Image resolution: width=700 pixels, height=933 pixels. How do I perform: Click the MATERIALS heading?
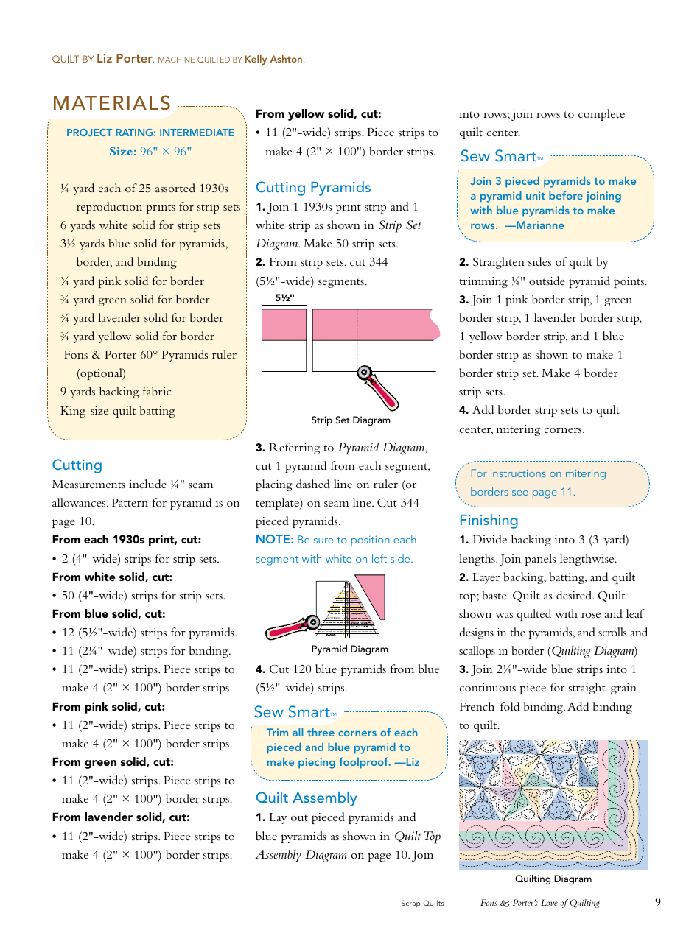click(x=112, y=104)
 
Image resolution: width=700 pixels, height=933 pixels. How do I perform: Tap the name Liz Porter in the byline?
click(x=125, y=59)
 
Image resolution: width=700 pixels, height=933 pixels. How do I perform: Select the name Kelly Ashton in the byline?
click(x=273, y=60)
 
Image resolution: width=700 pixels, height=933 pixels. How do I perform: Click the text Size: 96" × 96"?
click(x=150, y=152)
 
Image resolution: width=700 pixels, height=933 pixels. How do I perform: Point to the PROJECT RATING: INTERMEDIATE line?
click(x=150, y=133)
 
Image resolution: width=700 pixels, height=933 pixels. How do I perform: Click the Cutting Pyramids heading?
click(x=313, y=188)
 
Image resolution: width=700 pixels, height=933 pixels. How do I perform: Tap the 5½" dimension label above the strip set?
click(x=284, y=298)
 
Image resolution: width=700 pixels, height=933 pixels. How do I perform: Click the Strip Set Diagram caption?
click(x=350, y=420)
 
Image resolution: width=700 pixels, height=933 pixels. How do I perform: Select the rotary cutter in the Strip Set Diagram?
click(x=377, y=387)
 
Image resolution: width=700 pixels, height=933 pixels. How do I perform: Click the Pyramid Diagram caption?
click(x=349, y=649)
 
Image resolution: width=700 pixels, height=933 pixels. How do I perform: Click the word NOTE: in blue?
click(x=274, y=540)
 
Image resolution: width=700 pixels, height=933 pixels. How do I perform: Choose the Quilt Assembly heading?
click(x=306, y=798)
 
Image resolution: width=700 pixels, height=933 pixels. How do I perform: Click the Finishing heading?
click(x=489, y=521)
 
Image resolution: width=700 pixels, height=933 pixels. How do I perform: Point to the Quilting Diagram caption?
click(x=553, y=879)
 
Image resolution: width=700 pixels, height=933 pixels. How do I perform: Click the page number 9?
click(x=657, y=902)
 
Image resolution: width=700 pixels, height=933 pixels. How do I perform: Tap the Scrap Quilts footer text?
click(x=422, y=904)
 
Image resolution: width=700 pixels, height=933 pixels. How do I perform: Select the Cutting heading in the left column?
click(x=77, y=465)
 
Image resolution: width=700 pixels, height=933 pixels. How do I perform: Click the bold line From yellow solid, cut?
click(x=318, y=114)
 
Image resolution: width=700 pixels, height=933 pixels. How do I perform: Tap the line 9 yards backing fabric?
click(x=116, y=392)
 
